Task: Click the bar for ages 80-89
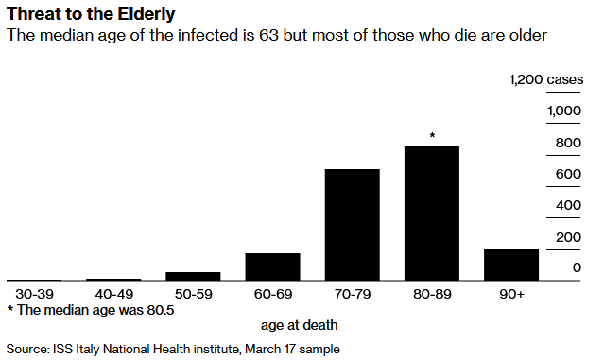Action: [x=431, y=214]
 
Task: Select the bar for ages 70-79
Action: [x=352, y=225]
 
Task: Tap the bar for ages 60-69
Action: [x=273, y=266]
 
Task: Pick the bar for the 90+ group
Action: [x=511, y=265]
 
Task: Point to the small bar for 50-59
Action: [x=193, y=277]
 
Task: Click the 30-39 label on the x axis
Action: [x=34, y=294]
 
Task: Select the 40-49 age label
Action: [x=114, y=294]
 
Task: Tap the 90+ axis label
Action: [x=511, y=294]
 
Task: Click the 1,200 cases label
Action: [x=546, y=79]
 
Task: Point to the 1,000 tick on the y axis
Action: [x=564, y=111]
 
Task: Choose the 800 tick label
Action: [x=568, y=143]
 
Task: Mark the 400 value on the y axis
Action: [x=568, y=205]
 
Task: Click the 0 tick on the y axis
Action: [x=577, y=267]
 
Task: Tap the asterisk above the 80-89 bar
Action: [x=432, y=135]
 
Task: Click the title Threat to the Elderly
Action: [x=91, y=14]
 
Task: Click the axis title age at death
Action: [x=300, y=325]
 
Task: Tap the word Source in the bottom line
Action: [x=27, y=350]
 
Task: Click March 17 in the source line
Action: [x=270, y=350]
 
